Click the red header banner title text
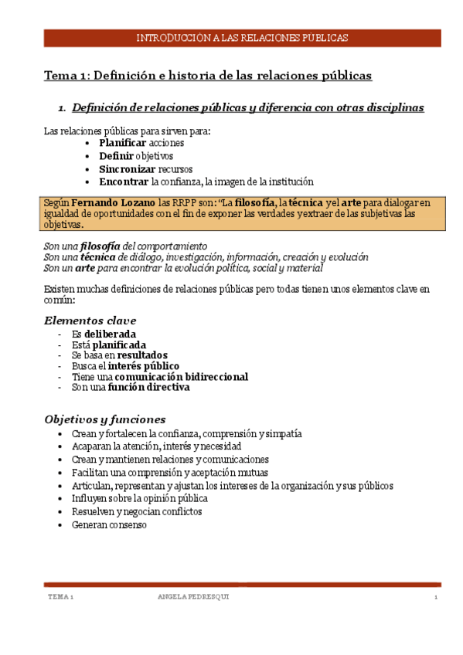point(242,37)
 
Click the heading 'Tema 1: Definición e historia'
point(208,76)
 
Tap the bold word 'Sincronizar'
point(128,168)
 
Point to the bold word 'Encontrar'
point(124,182)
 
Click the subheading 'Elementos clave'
point(90,320)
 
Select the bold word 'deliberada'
point(115,334)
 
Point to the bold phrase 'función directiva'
point(148,388)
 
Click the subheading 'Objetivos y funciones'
point(105,419)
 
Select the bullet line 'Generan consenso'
point(109,524)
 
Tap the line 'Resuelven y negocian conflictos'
point(137,511)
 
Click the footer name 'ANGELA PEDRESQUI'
point(193,598)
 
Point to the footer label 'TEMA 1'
point(60,598)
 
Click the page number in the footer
point(436,598)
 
